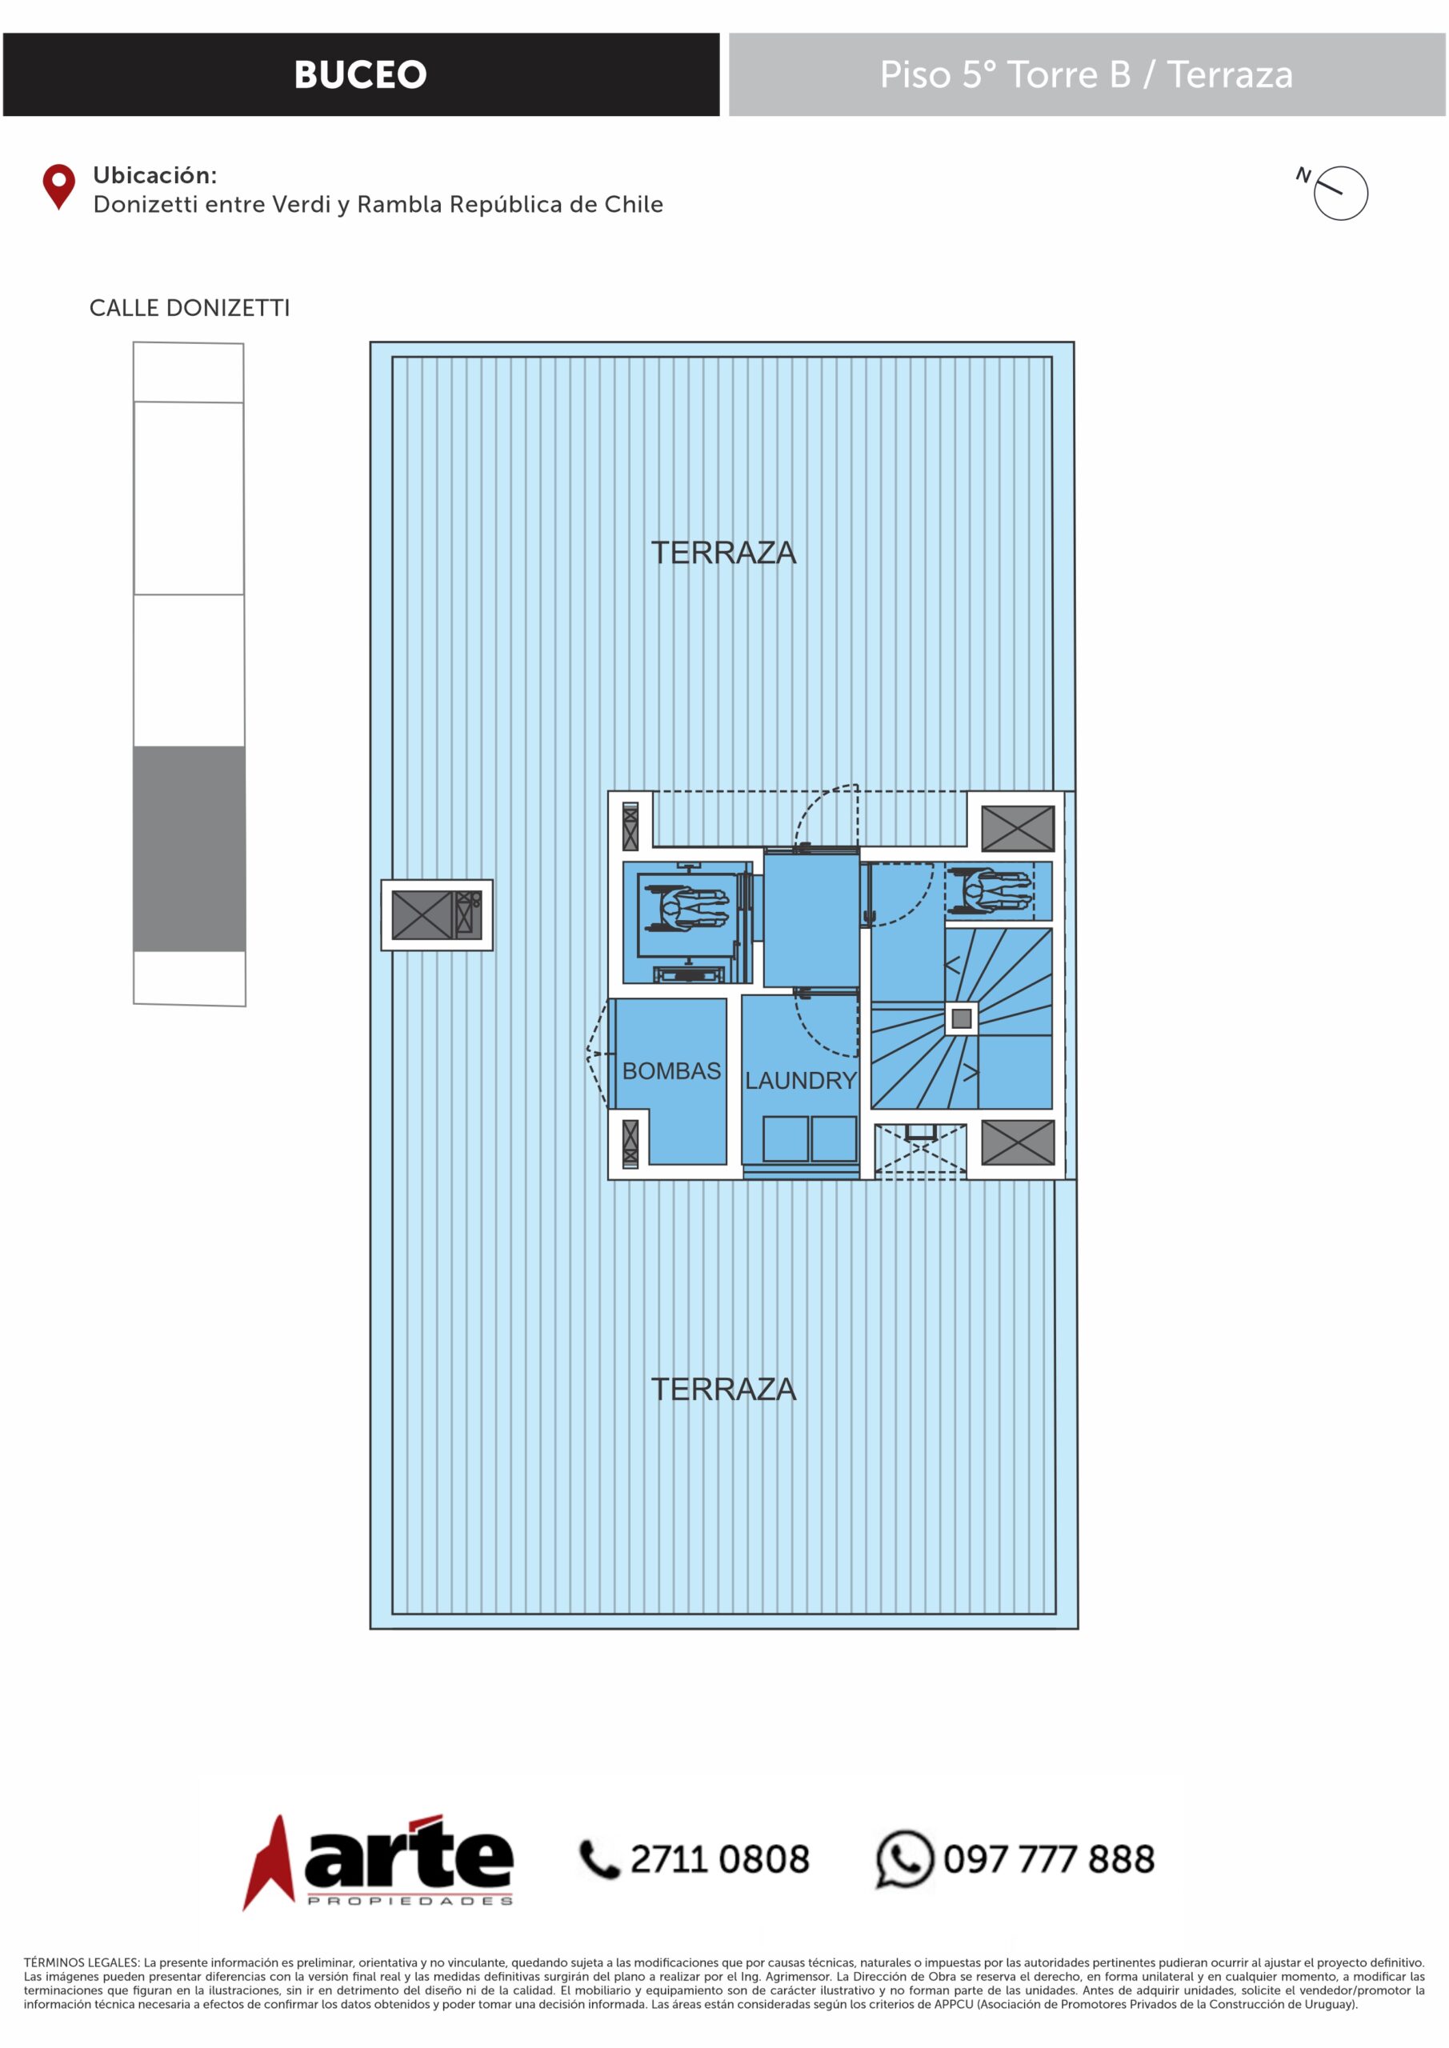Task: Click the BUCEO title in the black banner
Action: point(361,75)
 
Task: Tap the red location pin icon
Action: point(59,186)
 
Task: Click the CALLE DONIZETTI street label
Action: point(189,309)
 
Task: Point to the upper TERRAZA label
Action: point(723,553)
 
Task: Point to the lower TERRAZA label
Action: point(723,1389)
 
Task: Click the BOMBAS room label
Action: point(671,1070)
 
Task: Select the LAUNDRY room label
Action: point(800,1080)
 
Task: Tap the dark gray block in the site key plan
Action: point(189,848)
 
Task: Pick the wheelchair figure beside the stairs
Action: point(991,890)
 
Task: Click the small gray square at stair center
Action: point(962,1018)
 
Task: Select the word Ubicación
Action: point(155,176)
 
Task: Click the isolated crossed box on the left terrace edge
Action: point(437,915)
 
